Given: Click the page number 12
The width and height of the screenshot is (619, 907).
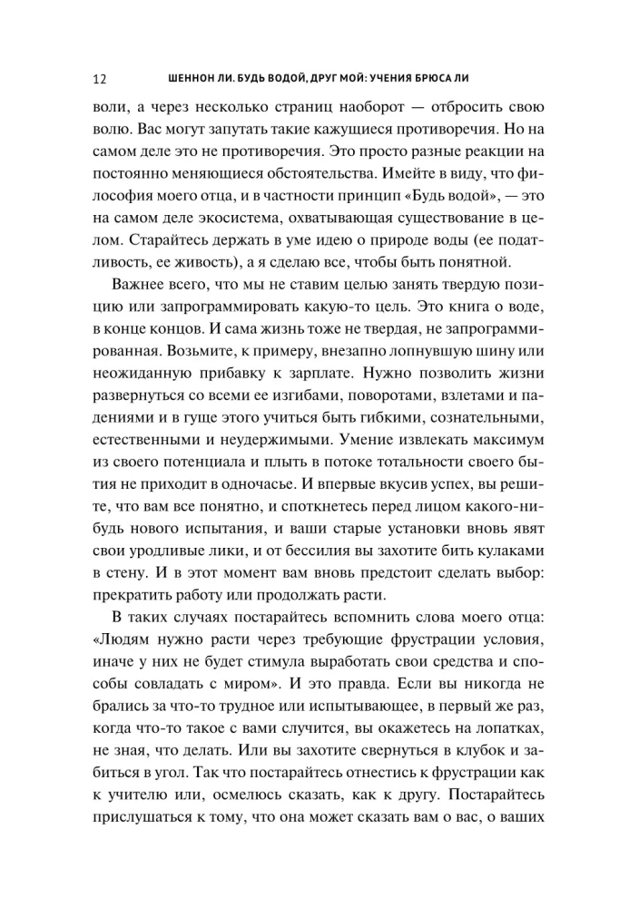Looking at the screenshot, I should point(100,76).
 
